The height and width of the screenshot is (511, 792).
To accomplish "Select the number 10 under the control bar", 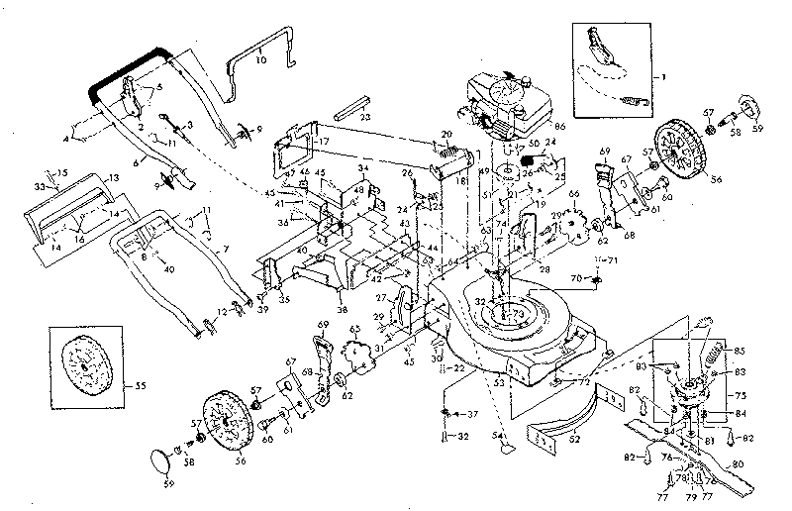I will (x=260, y=60).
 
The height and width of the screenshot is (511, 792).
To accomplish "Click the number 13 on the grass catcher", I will (x=114, y=176).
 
